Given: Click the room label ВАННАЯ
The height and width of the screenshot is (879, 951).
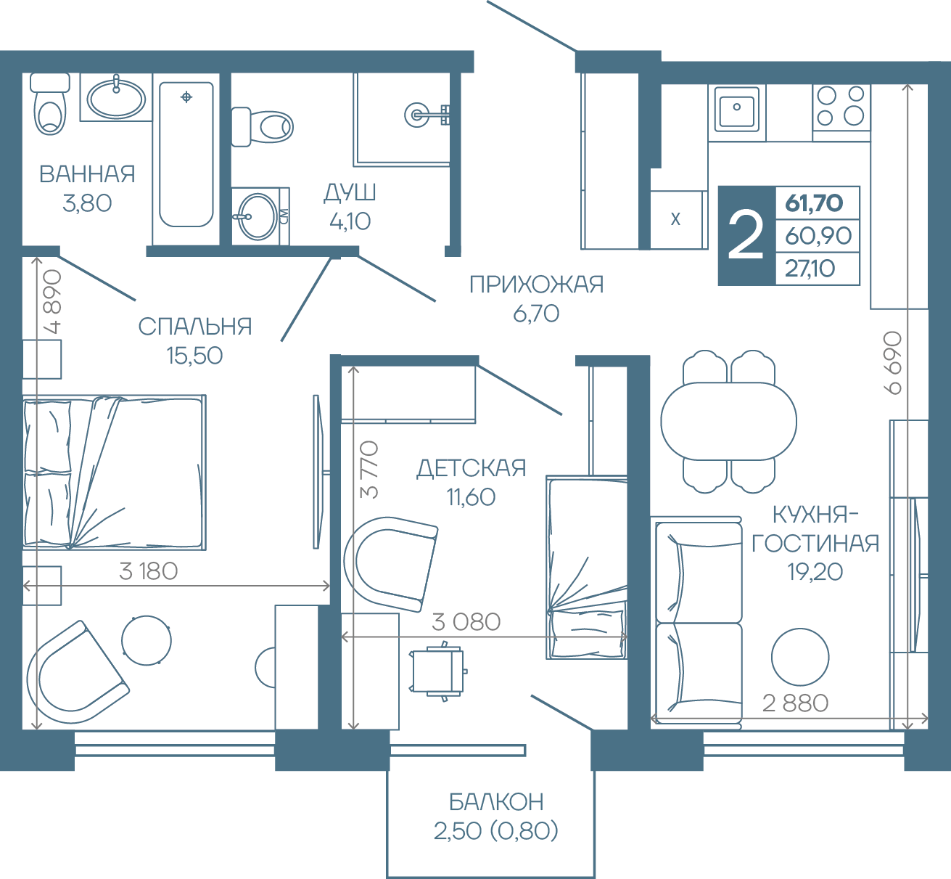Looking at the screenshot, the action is click(87, 174).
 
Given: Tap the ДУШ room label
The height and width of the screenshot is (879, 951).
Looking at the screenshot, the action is click(350, 192).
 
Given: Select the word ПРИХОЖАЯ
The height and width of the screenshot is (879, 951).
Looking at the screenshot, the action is click(536, 285).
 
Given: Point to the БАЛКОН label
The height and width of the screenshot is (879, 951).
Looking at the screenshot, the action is click(496, 801).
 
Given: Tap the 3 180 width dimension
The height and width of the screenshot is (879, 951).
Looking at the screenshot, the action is click(149, 571).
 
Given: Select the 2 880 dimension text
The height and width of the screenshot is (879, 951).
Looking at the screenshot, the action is click(795, 703).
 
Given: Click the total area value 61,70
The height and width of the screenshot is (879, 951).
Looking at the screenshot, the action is click(814, 203).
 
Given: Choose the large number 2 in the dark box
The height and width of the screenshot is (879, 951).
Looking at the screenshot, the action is click(746, 236).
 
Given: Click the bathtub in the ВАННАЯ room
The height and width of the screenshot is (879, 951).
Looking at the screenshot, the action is click(186, 155).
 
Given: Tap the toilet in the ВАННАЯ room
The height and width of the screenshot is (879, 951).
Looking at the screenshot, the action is click(50, 104).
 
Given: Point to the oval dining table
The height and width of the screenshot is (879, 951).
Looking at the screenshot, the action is click(728, 421).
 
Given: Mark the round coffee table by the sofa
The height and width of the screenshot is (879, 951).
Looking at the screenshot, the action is click(800, 657).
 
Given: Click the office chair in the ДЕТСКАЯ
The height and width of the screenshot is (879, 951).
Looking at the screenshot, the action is click(438, 671).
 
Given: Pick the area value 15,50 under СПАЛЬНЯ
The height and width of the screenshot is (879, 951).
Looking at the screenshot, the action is click(194, 356).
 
